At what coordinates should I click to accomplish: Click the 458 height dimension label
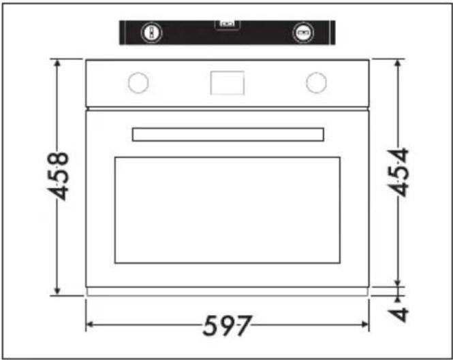[x=58, y=176]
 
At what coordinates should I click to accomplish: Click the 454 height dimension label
[x=399, y=172]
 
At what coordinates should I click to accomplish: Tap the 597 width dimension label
[x=227, y=326]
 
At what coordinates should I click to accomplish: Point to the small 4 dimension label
[x=399, y=314]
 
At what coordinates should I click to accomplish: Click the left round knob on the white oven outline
[x=138, y=82]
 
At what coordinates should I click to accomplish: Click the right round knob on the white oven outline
[x=316, y=82]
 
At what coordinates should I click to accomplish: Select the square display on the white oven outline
[x=228, y=83]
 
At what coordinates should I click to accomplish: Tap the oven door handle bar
[x=228, y=135]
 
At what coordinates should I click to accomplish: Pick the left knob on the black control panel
[x=151, y=33]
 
